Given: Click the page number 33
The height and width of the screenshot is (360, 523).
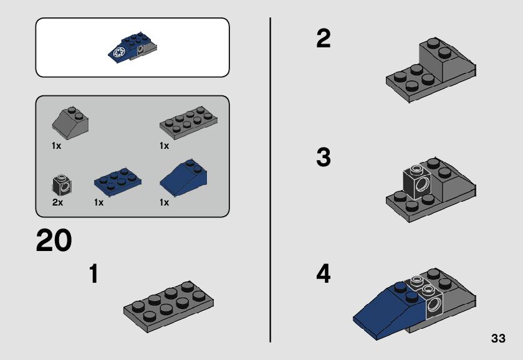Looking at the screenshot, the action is pos(498,338).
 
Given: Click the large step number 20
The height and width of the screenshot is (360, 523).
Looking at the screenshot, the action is pos(54,240).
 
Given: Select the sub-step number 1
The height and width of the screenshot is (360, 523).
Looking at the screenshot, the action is pos(94,273).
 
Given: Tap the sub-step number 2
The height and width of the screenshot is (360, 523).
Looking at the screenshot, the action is pos(323,39).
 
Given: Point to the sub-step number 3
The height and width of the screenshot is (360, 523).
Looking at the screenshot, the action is pos(323,157).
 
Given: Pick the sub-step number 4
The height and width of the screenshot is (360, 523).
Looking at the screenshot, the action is pos(323,273).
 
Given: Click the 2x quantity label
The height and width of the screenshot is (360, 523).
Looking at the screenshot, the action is pos(57,202).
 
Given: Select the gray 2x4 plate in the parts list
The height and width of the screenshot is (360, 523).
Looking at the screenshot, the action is pos(188,122).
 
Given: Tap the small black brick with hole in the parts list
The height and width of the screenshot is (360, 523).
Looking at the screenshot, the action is pos(62,185).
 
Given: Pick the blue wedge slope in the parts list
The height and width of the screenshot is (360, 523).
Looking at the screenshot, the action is pos(183,178).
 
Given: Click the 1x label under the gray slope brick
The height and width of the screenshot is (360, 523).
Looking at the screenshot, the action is pos(56,146).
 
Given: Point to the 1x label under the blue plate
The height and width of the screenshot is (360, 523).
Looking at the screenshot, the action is pos(98,202).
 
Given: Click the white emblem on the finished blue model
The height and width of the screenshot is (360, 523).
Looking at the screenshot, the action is pos(119,52).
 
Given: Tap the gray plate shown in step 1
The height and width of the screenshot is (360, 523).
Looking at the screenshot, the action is pos(168,306).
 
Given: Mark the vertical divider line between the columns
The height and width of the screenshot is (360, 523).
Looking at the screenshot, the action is pos(270,180).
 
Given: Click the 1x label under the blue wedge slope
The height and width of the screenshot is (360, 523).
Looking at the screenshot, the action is pos(164,202).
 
